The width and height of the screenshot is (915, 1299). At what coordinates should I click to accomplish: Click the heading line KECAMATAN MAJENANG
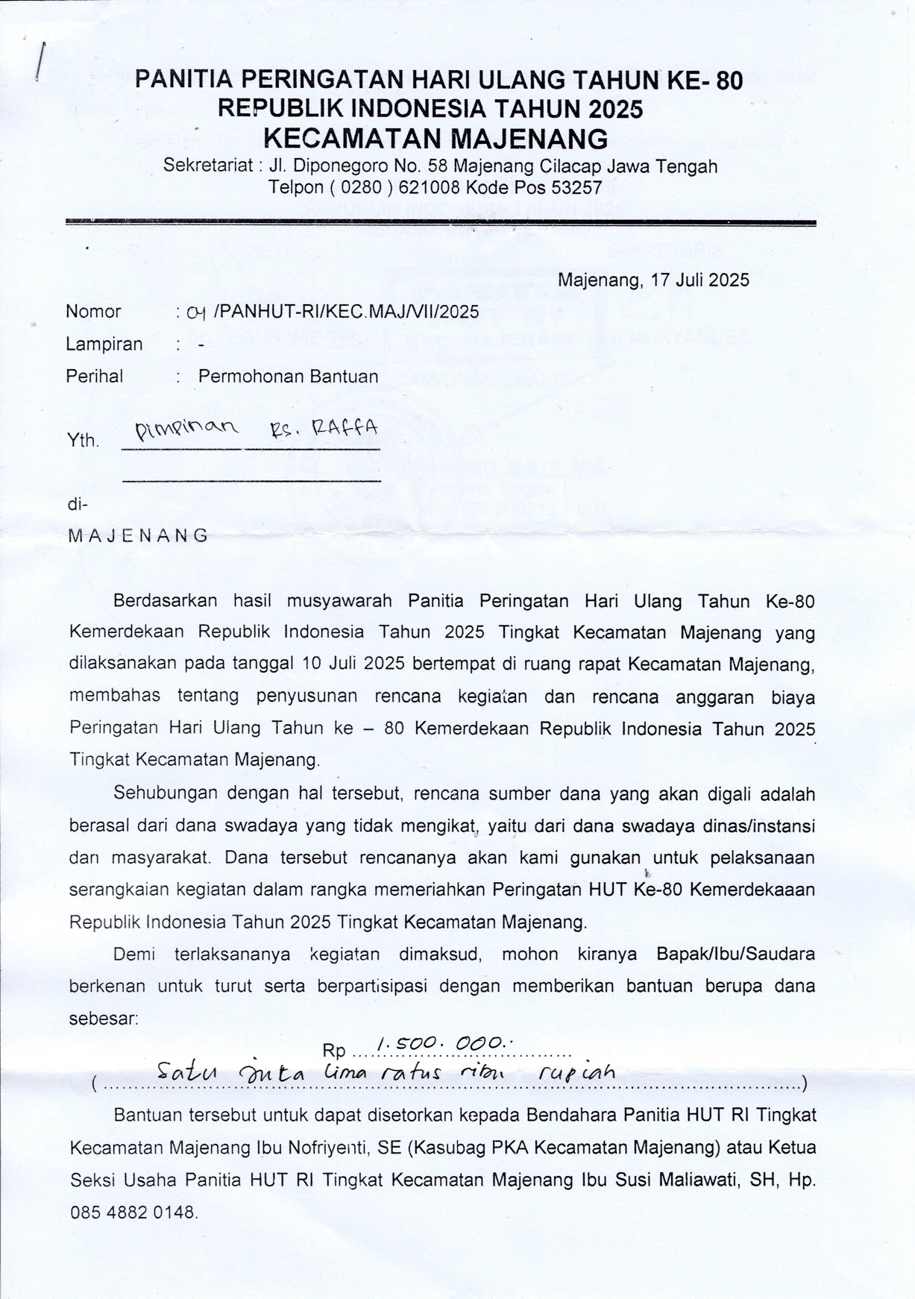436,139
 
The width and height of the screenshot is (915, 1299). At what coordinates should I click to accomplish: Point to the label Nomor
93,312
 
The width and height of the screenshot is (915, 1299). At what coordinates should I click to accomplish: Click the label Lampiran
104,345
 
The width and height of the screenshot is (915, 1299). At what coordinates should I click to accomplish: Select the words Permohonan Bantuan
288,377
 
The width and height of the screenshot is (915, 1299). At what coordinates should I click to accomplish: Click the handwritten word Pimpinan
186,429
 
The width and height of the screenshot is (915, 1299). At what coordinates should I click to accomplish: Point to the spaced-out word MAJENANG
138,535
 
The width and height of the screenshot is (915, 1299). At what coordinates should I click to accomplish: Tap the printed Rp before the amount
334,1051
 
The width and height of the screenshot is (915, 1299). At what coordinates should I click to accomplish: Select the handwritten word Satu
186,1075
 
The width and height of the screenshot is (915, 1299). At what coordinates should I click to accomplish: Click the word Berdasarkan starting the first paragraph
165,600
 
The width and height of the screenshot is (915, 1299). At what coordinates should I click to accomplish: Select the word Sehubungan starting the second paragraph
165,793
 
